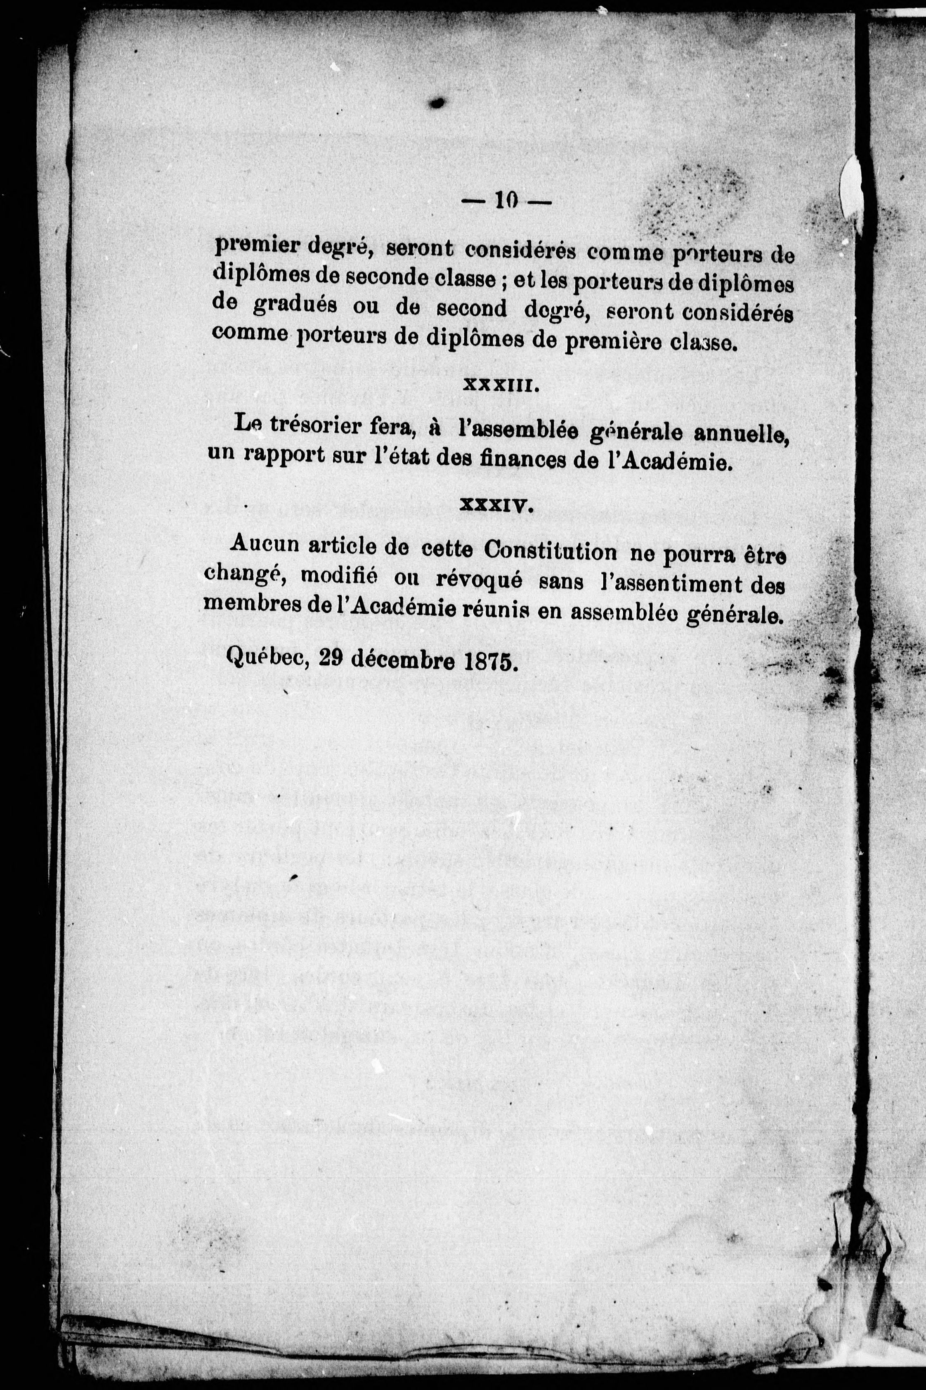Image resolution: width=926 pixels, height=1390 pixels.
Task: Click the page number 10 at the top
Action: point(506,202)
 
